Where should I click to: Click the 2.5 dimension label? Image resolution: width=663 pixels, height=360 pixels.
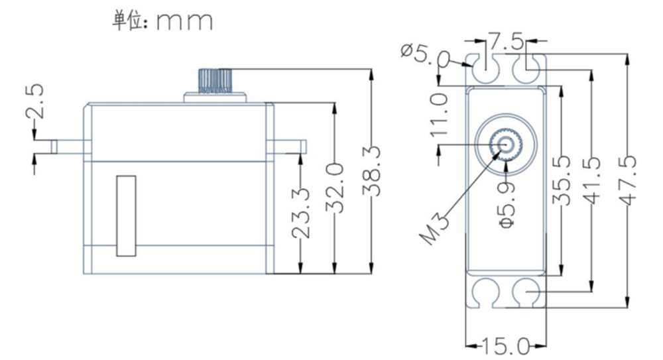[x=34, y=101]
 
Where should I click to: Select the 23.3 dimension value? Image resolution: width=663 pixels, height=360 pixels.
[x=301, y=213]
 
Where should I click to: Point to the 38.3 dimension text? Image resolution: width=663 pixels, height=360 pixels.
[x=371, y=171]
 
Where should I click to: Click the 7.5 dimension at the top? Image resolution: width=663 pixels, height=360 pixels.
[x=506, y=42]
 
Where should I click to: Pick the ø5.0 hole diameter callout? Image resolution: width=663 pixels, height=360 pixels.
[x=424, y=55]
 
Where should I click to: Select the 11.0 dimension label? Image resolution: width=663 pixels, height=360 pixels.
[x=439, y=115]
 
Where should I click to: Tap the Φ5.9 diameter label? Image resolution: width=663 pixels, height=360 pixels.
[x=507, y=205]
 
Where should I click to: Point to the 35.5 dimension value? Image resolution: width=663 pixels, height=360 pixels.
[x=562, y=180]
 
